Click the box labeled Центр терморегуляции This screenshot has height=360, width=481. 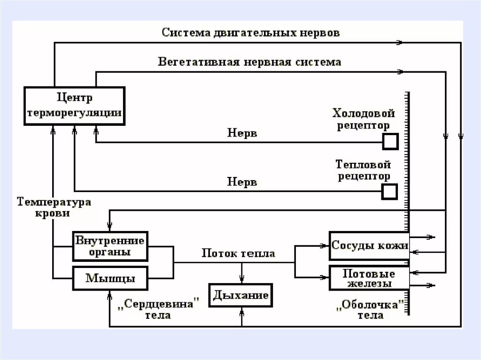(x=74, y=106)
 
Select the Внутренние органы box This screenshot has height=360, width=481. (x=110, y=246)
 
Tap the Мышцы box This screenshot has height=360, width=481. (x=110, y=278)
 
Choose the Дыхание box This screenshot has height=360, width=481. (x=240, y=295)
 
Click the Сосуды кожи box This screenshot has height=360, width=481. (x=369, y=245)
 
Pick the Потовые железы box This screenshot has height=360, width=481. (x=369, y=278)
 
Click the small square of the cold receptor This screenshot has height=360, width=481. (x=390, y=141)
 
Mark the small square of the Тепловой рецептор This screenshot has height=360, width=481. (x=389, y=191)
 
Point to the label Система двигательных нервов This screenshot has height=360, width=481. (x=251, y=33)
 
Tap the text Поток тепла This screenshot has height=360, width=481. (x=238, y=253)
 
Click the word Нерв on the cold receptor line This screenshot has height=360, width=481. (x=242, y=133)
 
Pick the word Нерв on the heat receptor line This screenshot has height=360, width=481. (x=242, y=182)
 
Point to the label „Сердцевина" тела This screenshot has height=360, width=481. (x=157, y=309)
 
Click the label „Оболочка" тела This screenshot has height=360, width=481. (x=371, y=309)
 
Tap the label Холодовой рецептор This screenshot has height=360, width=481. (x=364, y=119)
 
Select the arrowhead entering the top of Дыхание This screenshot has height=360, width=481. (x=241, y=280)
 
